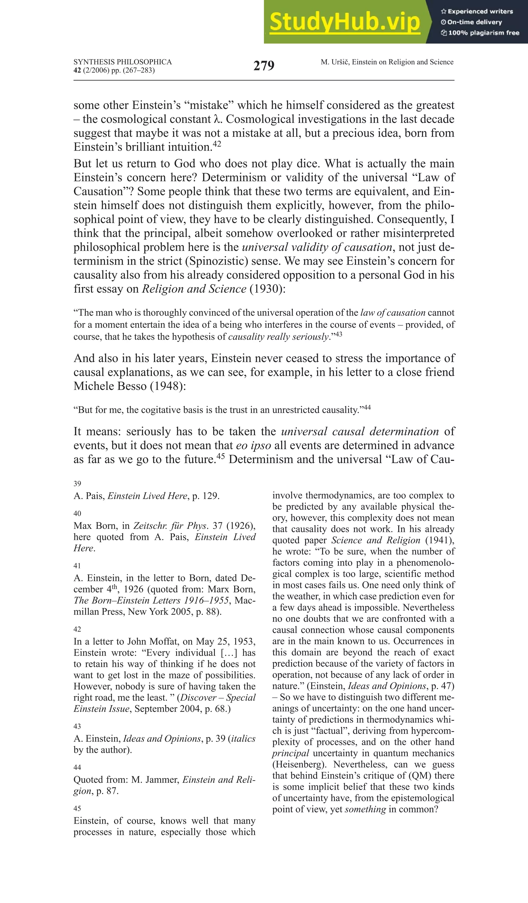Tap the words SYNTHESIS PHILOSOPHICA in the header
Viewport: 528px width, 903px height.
click(x=122, y=62)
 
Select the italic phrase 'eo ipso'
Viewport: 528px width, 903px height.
click(x=253, y=445)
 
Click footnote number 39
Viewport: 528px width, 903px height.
click(x=77, y=484)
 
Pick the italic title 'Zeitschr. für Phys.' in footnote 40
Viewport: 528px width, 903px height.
click(x=170, y=526)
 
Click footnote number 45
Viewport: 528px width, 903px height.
click(x=77, y=808)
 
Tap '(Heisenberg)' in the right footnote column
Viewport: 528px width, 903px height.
click(x=299, y=764)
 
